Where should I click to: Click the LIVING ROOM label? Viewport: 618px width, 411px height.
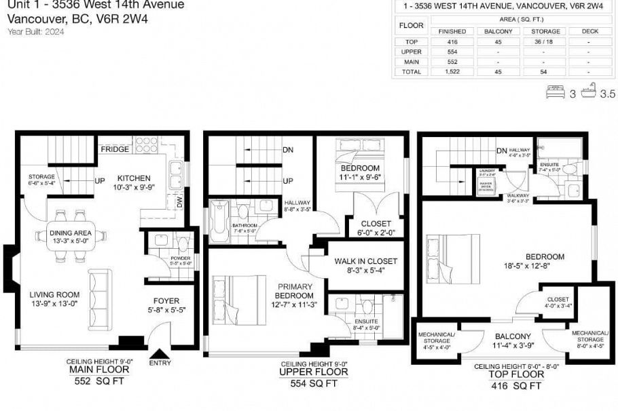point(54,294)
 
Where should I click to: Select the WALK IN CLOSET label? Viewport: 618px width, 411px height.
point(365,261)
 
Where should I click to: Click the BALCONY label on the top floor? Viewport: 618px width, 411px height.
point(513,336)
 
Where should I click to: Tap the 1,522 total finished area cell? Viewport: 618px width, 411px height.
point(452,71)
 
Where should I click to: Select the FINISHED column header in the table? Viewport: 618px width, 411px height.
point(452,31)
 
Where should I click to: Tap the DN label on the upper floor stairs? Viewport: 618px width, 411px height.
point(288,150)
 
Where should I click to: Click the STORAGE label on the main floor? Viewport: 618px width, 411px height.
point(41,176)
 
